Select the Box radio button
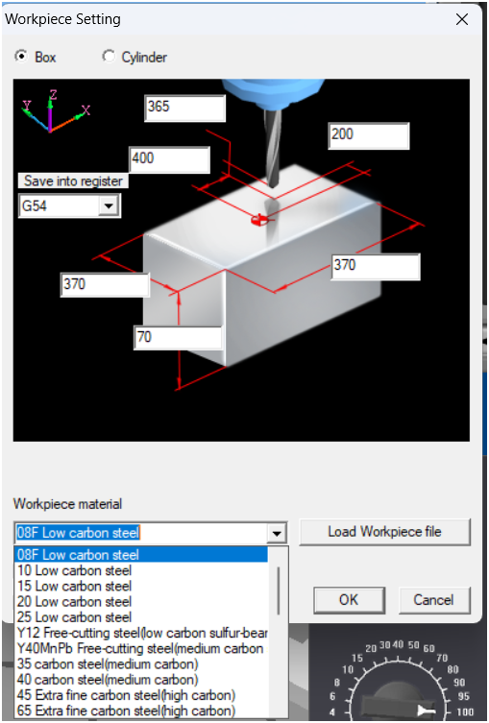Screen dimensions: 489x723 click(20, 57)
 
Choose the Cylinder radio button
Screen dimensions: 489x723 click(108, 57)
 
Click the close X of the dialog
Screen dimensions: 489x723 click(462, 19)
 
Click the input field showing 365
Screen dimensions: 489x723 click(185, 108)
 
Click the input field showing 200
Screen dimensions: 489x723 click(369, 135)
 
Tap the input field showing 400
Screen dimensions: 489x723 click(170, 159)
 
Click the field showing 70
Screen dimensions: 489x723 click(178, 338)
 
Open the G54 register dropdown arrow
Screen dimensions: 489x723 click(109, 205)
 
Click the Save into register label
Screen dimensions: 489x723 click(73, 181)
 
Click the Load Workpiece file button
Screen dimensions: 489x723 click(384, 532)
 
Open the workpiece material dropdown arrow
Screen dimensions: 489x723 click(277, 534)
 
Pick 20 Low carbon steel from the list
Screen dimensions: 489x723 click(74, 602)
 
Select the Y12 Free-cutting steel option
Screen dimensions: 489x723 click(142, 633)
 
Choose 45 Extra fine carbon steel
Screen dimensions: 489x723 click(126, 695)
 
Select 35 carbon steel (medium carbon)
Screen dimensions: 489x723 click(108, 664)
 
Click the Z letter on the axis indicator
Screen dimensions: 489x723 click(54, 95)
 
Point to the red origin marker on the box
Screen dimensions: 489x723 click(258, 221)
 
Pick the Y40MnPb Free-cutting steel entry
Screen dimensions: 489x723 click(140, 649)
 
